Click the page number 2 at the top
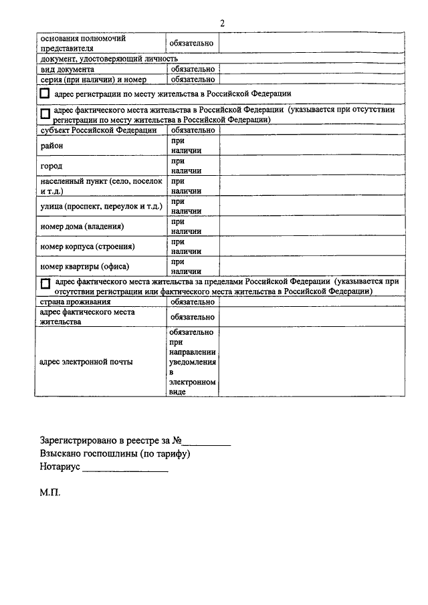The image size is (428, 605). coord(221,23)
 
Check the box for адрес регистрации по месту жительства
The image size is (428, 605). coord(45,94)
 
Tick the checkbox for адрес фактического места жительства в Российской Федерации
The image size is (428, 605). coord(45,114)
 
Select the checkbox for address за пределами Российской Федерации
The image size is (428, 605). coord(45,284)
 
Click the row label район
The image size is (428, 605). coord(51,145)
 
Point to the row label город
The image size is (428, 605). coord(51,165)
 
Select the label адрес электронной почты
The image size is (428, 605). coord(86,362)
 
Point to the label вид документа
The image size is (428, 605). coord(67,69)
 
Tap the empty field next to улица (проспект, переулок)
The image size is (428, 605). coord(312,206)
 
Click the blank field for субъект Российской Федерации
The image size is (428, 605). coord(312,130)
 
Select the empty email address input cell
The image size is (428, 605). coord(312,362)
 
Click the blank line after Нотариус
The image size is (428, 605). coord(125,471)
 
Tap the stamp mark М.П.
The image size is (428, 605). coord(49,494)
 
